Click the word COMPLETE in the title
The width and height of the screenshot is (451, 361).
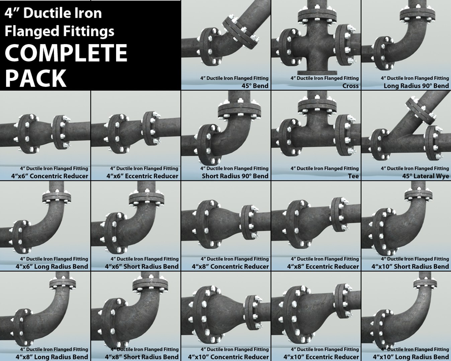pyautogui.click(x=66, y=53)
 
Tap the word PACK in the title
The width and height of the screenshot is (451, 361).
pyautogui.click(x=36, y=78)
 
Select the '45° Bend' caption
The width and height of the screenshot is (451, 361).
pyautogui.click(x=255, y=86)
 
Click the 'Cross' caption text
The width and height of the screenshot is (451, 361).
pyautogui.click(x=350, y=86)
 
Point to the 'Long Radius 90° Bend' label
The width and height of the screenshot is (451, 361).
pyautogui.click(x=416, y=86)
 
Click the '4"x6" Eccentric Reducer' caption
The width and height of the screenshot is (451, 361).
pyautogui.click(x=142, y=176)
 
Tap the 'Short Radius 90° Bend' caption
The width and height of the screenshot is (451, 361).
pyautogui.click(x=235, y=176)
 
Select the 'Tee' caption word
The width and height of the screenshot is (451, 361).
pyautogui.click(x=353, y=176)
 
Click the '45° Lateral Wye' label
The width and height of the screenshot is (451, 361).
pyautogui.click(x=426, y=176)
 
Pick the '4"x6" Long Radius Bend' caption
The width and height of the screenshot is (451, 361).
pyautogui.click(x=52, y=267)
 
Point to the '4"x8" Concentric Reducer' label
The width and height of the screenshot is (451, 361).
pyautogui.click(x=230, y=267)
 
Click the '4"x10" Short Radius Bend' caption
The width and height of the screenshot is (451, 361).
pyautogui.click(x=410, y=267)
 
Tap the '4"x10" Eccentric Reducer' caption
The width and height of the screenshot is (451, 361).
pyautogui.click(x=321, y=357)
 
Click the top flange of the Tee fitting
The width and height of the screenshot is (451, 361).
pyautogui.click(x=317, y=106)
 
